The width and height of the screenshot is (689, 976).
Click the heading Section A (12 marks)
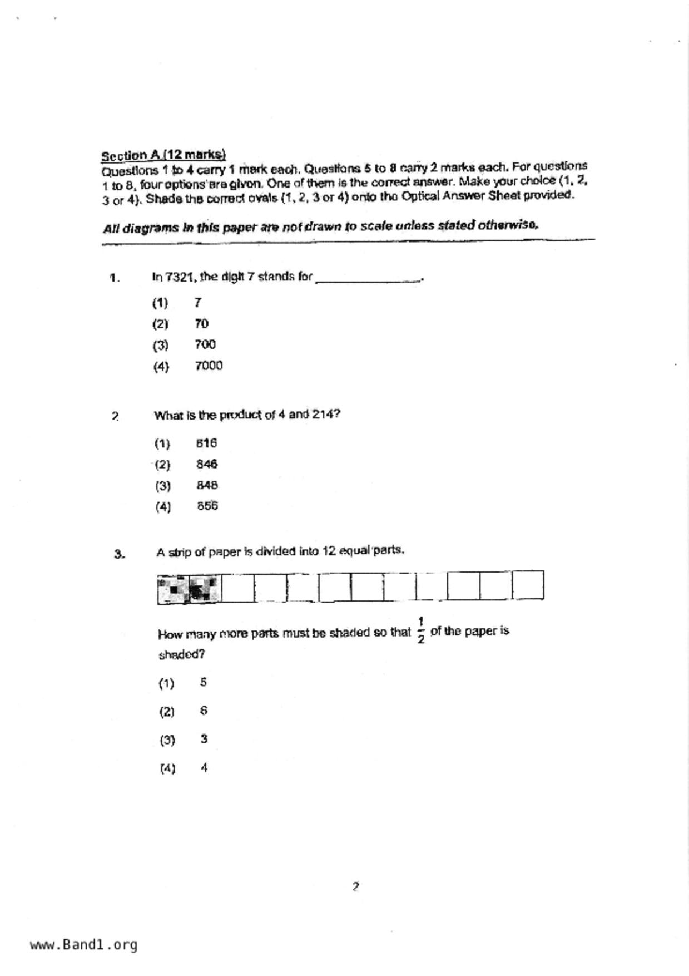pos(163,155)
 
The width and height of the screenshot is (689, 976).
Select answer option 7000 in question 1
pos(209,366)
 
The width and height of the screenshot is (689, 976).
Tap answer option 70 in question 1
pos(201,323)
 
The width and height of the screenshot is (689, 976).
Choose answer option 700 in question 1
pos(205,344)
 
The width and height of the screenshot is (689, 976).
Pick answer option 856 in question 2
pos(207,506)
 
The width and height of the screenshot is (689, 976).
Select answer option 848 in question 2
pos(207,485)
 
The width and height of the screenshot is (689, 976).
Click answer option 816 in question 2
pos(206,443)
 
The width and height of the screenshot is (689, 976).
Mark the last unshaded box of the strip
pos(528,585)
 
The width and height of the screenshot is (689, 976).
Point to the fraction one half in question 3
pos(421,630)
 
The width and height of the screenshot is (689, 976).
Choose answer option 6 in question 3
pos(204,711)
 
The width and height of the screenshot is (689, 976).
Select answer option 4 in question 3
pos(204,768)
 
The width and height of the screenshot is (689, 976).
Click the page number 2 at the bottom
pos(356,886)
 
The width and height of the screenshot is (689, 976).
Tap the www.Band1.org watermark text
pos(83,945)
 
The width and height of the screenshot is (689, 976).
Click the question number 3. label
pos(119,554)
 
